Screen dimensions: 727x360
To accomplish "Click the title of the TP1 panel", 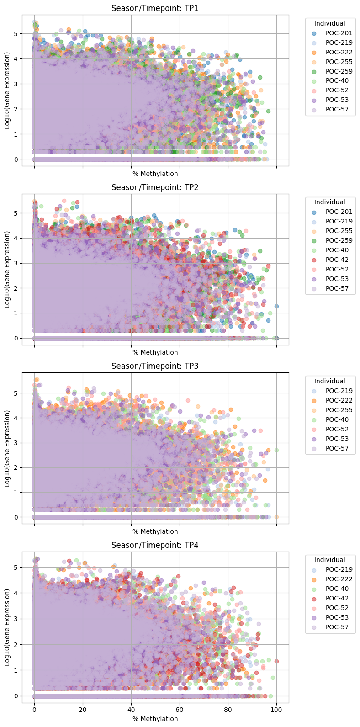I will (155, 8).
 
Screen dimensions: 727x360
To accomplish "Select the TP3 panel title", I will (155, 366).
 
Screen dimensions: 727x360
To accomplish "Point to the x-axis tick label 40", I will (131, 710).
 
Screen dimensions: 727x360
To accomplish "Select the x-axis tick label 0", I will (34, 710).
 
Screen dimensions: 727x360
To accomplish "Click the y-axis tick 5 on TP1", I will (15, 34).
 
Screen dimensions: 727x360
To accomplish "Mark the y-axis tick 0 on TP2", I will (15, 338).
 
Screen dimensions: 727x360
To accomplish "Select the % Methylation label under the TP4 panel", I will (155, 719).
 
